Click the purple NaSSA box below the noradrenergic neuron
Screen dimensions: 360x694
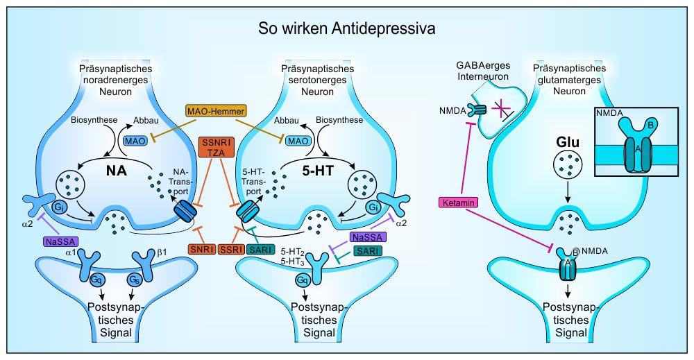click(x=59, y=241)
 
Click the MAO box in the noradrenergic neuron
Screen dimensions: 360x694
click(x=135, y=141)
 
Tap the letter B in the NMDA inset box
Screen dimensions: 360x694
click(x=648, y=125)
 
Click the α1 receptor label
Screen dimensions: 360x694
click(x=69, y=251)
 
